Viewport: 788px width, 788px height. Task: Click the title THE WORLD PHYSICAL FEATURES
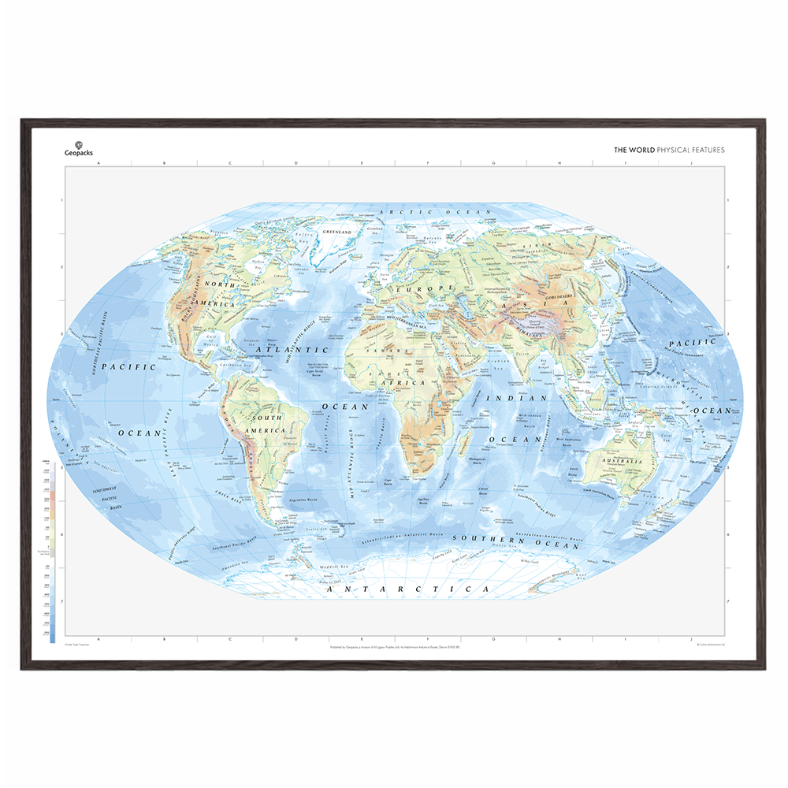pyautogui.click(x=669, y=150)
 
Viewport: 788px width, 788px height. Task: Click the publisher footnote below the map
pyautogui.click(x=394, y=648)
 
